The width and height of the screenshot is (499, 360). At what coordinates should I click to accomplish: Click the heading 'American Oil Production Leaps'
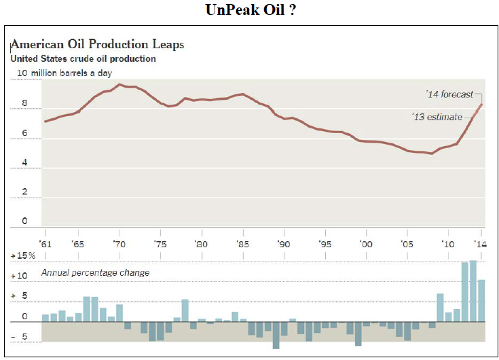pos(97,44)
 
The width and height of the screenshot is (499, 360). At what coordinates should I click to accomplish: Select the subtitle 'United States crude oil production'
pos(83,59)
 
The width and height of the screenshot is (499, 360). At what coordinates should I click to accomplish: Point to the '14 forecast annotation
pos(449,94)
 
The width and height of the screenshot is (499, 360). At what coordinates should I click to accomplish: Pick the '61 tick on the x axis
pos(45,243)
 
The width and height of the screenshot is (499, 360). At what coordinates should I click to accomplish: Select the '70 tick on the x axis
pos(119,243)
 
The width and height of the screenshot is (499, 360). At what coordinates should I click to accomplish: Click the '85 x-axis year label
pos(241,243)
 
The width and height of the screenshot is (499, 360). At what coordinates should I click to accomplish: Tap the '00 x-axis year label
pos(365,243)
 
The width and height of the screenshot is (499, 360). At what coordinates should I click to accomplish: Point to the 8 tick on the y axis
pos(24,104)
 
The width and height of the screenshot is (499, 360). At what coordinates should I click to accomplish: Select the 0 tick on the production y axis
pos(24,221)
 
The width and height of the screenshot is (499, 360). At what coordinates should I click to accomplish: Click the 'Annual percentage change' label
pos(96,272)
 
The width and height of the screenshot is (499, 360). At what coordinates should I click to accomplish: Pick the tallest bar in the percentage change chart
pos(473,291)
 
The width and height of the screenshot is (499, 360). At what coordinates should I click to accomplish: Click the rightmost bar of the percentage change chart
pos(481,300)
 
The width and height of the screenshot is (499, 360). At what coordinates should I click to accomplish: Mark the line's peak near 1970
pos(119,84)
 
